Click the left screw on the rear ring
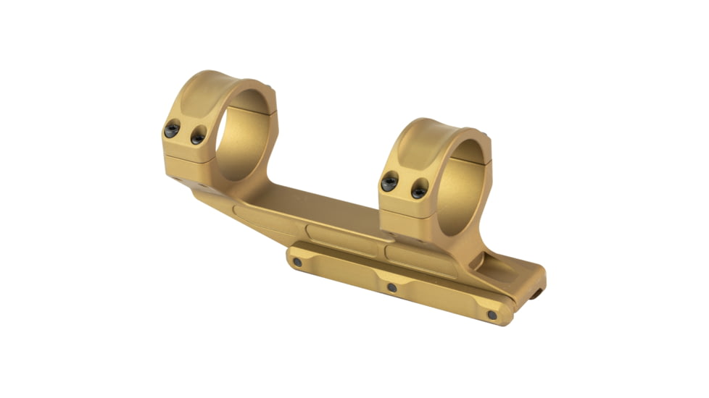point(172,130)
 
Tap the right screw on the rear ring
point(197,135)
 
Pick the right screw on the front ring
point(419,191)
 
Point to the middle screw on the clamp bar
point(392,287)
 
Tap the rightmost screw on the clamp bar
point(492,315)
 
